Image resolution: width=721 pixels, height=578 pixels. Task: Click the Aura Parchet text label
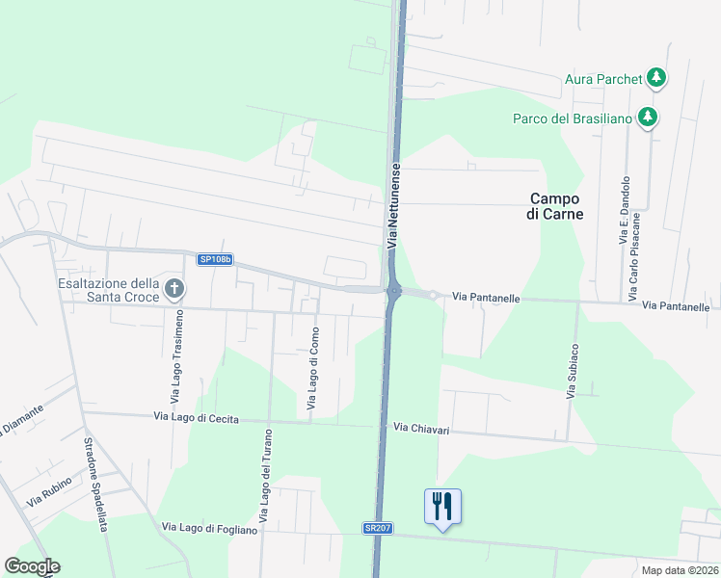click(603, 78)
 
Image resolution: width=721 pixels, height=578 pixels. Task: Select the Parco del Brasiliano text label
click(572, 118)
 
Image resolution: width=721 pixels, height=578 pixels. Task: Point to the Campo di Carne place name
click(557, 206)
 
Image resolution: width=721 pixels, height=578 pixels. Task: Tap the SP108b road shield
click(213, 259)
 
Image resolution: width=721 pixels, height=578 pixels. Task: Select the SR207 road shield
click(379, 529)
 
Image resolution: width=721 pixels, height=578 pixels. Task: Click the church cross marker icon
click(174, 288)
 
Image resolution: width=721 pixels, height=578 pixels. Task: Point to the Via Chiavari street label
click(422, 427)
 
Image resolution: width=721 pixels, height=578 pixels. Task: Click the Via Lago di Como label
click(313, 369)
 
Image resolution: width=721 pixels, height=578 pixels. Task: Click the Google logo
click(32, 566)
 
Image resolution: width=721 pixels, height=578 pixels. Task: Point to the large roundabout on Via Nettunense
click(393, 291)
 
